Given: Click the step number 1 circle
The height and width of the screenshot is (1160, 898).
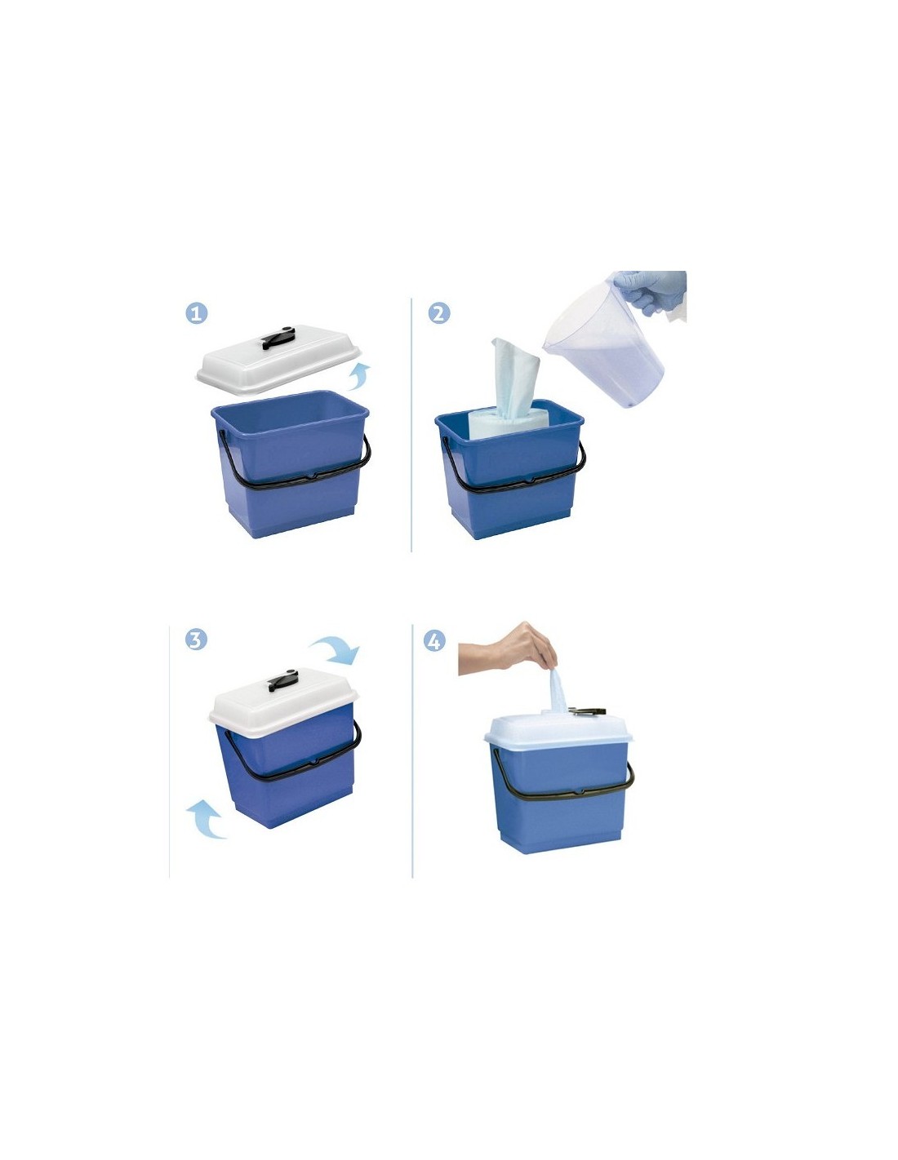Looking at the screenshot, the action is click(x=196, y=313).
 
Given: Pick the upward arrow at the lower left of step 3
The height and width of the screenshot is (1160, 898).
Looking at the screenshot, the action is click(x=207, y=819).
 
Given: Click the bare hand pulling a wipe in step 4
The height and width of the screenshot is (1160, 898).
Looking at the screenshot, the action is click(x=509, y=648).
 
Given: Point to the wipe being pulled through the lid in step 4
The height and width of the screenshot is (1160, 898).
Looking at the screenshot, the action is click(x=558, y=689).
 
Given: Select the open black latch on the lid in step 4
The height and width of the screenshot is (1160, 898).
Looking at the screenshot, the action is click(x=587, y=711).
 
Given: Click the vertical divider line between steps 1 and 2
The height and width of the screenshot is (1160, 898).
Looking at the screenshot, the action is click(x=411, y=424).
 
